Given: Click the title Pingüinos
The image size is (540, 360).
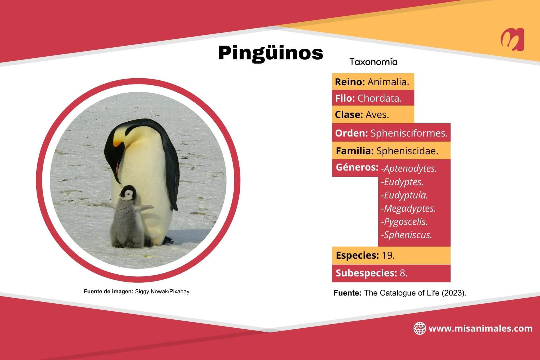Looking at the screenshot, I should [271, 53].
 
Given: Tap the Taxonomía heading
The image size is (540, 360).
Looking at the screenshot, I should [373, 62].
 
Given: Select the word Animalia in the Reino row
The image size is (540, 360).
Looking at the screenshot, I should [388, 82].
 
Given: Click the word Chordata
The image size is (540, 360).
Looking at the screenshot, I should [379, 98].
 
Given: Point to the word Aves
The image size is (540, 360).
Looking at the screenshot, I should [377, 115].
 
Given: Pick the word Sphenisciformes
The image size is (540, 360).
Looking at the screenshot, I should [409, 133].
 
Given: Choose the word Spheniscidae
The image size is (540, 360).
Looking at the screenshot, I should [407, 151].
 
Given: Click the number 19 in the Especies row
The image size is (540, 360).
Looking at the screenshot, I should [388, 255].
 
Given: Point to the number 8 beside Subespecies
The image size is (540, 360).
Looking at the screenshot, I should [403, 273].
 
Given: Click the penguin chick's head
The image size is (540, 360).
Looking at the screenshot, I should [128, 194].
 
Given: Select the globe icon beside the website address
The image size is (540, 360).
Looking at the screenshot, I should [419, 328].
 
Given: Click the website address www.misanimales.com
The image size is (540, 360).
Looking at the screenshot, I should [480, 328].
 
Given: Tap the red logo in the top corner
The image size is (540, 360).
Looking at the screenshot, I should [512, 39].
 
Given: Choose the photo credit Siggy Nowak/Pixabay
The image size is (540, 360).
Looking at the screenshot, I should [163, 292].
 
